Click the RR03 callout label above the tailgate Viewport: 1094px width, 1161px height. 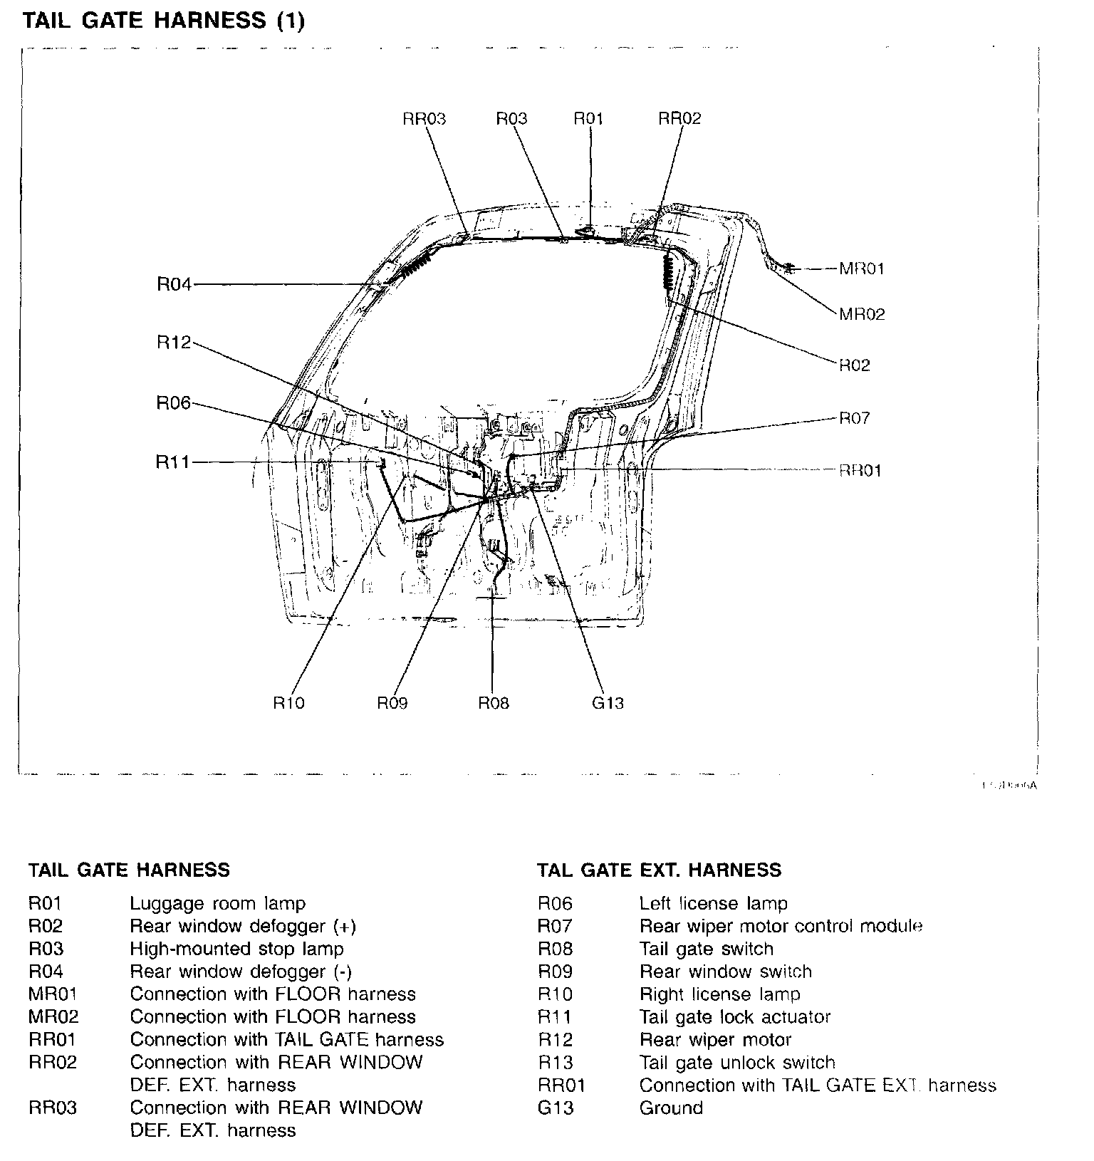424,118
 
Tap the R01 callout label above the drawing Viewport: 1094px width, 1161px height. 588,118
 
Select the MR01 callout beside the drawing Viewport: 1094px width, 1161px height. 862,269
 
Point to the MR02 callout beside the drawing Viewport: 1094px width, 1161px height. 862,314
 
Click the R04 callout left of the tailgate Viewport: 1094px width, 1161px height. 174,285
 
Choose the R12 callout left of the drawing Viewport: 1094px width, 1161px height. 174,343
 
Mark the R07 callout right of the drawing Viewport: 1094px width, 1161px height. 855,418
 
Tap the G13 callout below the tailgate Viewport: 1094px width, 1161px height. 608,703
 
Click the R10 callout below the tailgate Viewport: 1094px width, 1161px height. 288,703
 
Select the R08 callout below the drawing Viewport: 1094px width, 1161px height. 494,703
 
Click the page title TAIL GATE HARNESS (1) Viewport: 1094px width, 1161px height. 164,21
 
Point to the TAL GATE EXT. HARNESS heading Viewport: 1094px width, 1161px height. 659,870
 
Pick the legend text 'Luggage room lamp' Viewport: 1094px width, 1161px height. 217,904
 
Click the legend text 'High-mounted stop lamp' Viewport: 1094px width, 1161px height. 236,949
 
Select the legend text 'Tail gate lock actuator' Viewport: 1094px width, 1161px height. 735,1017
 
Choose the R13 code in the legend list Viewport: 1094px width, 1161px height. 555,1063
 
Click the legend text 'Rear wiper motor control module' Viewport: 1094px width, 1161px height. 781,926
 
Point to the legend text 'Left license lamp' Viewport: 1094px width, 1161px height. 713,904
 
